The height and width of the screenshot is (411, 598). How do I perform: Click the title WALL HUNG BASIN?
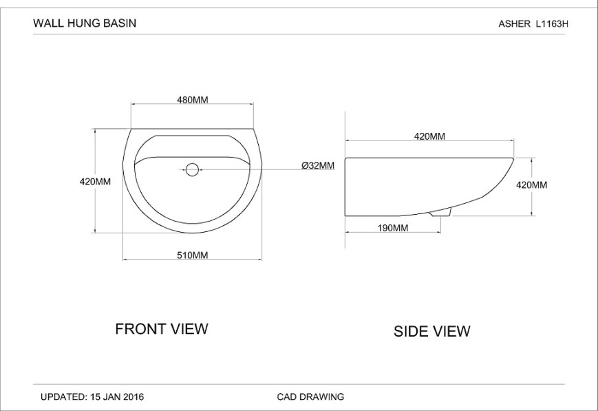(x=85, y=23)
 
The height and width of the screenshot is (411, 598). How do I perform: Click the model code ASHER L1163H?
(x=534, y=23)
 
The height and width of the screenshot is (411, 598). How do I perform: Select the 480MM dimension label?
(x=193, y=100)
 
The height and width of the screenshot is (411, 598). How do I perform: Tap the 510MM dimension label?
(x=193, y=255)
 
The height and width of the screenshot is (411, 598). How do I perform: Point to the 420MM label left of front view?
(x=95, y=182)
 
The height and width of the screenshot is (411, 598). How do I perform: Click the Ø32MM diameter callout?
(x=318, y=165)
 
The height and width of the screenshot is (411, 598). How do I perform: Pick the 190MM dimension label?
(x=393, y=228)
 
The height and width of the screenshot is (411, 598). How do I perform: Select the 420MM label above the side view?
(x=429, y=136)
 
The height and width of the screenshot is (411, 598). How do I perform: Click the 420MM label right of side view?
(x=531, y=185)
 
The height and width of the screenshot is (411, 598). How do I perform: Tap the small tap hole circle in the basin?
(x=193, y=168)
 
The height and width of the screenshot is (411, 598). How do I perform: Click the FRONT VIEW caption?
(x=161, y=328)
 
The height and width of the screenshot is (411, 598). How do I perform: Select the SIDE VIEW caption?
(x=431, y=331)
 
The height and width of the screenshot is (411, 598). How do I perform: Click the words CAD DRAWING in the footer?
(x=310, y=397)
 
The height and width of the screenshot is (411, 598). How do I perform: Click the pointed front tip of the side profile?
(x=513, y=159)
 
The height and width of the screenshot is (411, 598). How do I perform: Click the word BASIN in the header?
(x=120, y=23)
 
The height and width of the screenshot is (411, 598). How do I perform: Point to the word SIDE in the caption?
(x=411, y=331)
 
